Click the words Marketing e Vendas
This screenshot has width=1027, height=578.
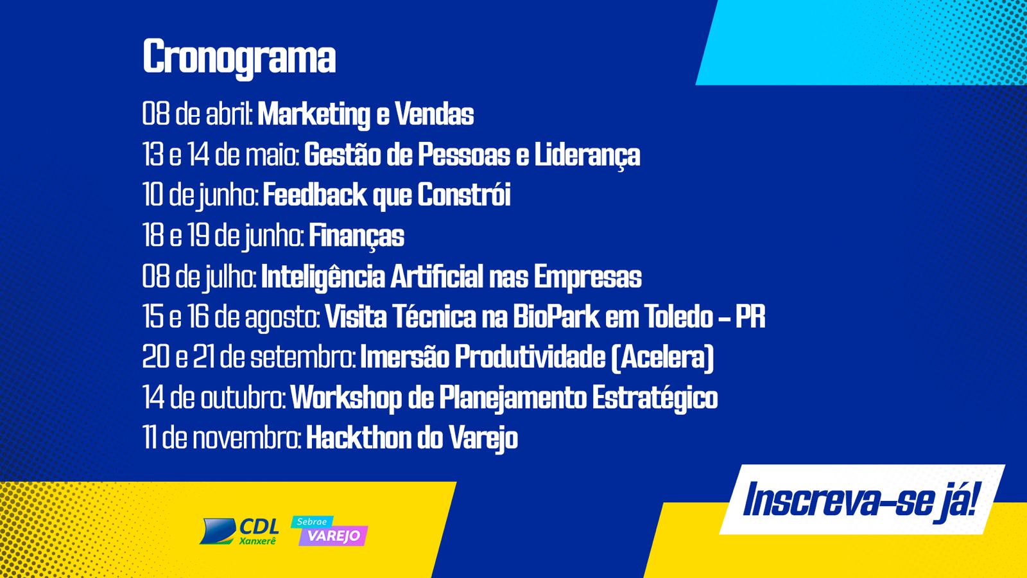365,114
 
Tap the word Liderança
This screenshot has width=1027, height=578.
587,155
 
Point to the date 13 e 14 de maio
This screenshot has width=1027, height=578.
221,154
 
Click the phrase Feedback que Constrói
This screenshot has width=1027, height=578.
386,195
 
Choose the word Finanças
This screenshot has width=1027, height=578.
357,236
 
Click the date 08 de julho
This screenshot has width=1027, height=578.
199,277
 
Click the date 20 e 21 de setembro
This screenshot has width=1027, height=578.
248,358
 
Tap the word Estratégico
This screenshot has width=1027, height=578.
655,398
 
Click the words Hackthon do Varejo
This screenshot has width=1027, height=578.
411,438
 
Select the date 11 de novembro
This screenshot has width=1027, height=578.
221,438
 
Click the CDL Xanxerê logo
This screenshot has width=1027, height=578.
239,532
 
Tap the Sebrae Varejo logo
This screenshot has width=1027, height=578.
329,531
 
